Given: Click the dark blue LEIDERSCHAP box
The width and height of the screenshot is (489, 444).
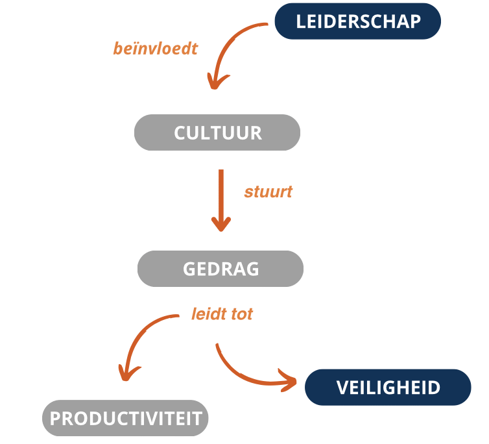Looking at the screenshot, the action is coord(358,21).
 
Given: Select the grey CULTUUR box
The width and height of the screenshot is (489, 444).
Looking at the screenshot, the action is coord(217,132).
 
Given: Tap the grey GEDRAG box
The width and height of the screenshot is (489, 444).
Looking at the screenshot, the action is coord(221,269).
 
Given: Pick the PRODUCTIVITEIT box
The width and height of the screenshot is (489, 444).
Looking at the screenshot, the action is coord(125,418).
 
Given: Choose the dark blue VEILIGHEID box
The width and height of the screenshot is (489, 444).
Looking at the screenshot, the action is coord(388,387).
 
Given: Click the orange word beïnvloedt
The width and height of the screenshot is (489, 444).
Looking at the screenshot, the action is coord(155,49).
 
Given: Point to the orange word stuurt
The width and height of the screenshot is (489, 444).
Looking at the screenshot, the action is coord(268,191).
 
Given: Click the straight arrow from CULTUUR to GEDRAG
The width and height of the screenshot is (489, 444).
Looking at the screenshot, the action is coord(221,201).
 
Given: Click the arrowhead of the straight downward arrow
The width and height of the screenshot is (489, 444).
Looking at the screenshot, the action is coord(221,224).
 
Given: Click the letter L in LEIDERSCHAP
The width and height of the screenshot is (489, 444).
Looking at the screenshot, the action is coord(301,21).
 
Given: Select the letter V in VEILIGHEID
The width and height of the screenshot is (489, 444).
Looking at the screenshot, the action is coord(342,388).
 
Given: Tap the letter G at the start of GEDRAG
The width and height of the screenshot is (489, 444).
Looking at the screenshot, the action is coord(189,269).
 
